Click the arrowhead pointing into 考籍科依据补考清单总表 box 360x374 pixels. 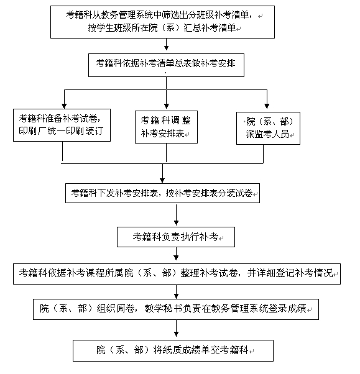click(167, 48)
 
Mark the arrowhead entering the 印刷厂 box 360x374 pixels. click(64, 106)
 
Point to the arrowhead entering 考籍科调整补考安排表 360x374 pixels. click(167, 106)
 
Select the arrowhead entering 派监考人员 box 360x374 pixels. click(267, 106)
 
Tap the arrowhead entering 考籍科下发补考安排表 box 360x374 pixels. click(162, 180)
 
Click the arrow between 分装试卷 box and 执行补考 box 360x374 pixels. click(176, 215)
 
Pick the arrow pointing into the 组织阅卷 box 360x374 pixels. click(176, 292)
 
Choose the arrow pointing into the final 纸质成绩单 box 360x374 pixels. click(176, 329)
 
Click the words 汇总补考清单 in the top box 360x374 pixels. click(210, 28)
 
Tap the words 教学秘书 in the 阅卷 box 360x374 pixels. click(163, 309)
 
